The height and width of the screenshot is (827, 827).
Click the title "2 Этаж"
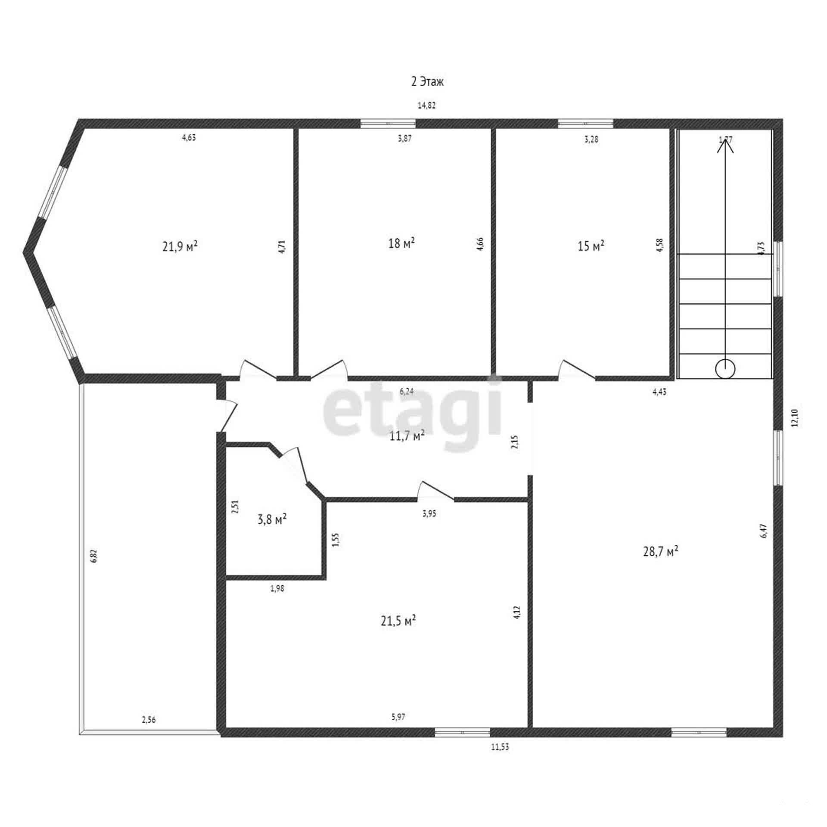427,82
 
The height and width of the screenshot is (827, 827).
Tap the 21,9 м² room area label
180,246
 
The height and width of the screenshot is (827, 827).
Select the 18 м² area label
401,243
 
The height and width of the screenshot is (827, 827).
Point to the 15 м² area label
591,246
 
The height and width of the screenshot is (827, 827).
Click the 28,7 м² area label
661,551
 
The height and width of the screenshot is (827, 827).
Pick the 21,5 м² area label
398,621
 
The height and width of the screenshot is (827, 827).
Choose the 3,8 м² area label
272,519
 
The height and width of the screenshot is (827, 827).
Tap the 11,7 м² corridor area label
407,436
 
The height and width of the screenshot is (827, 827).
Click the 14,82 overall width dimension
427,105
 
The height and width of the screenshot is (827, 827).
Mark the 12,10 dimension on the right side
795,417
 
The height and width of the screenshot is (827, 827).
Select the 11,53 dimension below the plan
500,747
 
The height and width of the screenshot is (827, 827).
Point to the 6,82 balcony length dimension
94,555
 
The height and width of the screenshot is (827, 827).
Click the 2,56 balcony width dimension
149,719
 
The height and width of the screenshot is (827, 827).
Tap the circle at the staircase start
725,369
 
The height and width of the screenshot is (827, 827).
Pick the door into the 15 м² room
577,370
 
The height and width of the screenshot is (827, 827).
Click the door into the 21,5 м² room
435,491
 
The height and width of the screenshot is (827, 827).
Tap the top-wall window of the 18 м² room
388,124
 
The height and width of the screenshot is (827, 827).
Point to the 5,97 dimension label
398,717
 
